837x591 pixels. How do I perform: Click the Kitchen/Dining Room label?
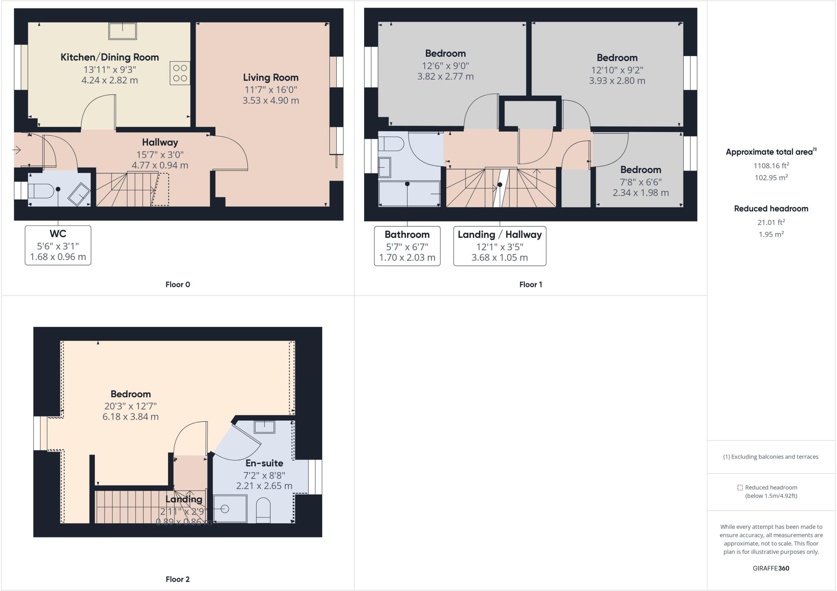click(110, 57)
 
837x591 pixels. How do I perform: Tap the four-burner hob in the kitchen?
click(180, 73)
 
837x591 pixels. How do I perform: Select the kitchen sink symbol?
click(122, 31)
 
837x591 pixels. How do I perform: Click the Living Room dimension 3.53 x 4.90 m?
click(271, 101)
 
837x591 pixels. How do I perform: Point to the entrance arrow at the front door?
click(16, 150)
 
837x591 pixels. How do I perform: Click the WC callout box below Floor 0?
click(58, 245)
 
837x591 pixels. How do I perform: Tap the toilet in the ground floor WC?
click(40, 190)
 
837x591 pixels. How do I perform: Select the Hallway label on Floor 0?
click(160, 142)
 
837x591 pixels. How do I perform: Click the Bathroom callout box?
click(407, 246)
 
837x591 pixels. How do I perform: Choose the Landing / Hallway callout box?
click(499, 246)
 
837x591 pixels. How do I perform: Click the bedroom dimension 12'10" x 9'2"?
click(617, 70)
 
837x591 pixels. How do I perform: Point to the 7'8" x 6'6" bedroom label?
click(640, 170)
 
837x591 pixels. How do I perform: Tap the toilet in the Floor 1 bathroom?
click(390, 144)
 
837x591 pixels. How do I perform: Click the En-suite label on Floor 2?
click(264, 463)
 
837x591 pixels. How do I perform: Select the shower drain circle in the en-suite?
click(225, 509)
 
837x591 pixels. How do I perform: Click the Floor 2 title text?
click(177, 579)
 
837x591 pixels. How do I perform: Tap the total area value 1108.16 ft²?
click(771, 166)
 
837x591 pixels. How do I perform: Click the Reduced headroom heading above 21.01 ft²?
click(771, 208)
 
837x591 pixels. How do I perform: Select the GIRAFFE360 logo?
click(771, 568)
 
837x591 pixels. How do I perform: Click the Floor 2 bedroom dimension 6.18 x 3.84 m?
click(130, 417)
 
